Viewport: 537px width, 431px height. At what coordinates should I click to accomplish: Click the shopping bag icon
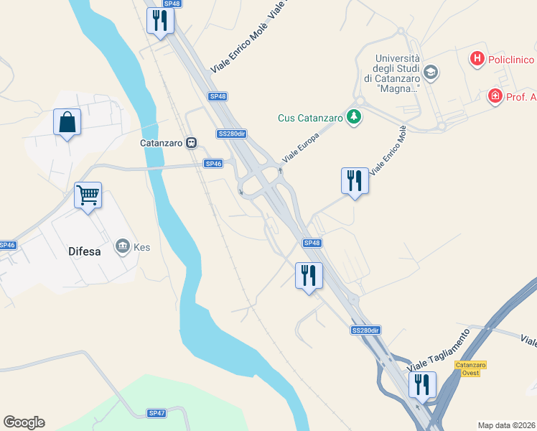(67, 122)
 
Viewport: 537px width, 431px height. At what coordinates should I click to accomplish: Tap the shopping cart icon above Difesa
(88, 195)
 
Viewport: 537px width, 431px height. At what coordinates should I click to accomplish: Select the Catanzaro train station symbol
(192, 142)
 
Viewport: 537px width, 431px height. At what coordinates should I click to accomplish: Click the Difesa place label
(84, 252)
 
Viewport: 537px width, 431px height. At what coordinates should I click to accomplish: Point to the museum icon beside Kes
(122, 246)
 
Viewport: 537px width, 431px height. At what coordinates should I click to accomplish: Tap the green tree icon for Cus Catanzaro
(352, 116)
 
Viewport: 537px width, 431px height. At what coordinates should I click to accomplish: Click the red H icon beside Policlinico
(477, 58)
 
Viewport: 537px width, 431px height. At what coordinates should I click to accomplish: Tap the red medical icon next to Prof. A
(494, 96)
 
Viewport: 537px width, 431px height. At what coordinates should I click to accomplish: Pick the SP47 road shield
(157, 413)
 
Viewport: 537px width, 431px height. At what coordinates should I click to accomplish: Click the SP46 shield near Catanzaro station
(213, 164)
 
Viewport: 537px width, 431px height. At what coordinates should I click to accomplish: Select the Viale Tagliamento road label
(438, 351)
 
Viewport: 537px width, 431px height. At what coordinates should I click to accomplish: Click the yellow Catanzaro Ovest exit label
(471, 369)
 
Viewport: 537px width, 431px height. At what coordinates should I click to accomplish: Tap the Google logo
(24, 422)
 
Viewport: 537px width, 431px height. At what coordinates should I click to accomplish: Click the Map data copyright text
(506, 425)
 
